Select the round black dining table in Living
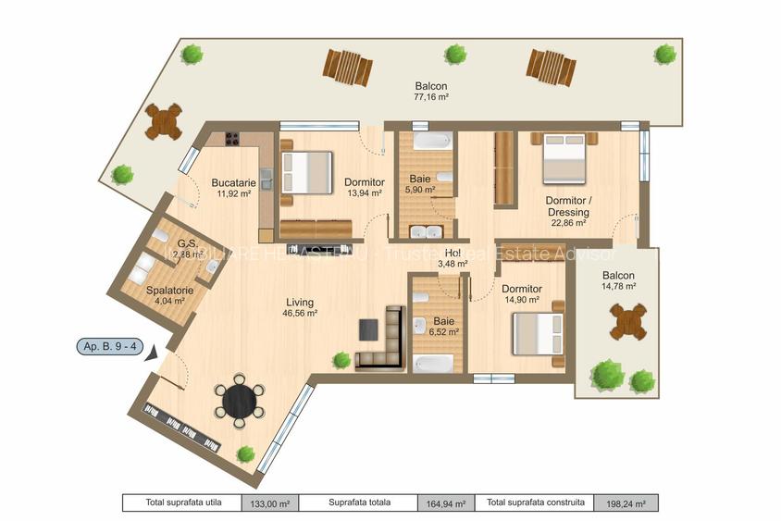point(240,402)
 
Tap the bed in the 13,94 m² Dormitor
point(307,172)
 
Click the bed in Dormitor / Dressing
point(564,160)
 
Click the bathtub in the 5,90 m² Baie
point(432,142)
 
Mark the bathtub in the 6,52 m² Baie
point(434,363)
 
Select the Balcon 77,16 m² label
point(431,91)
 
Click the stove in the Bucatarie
point(228,140)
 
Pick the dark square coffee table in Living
point(368,329)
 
